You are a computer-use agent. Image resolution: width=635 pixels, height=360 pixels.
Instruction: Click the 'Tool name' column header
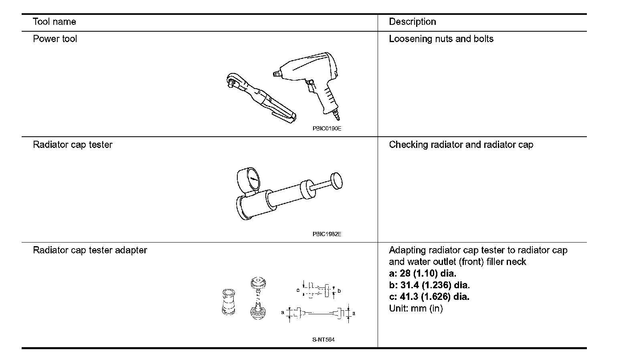[54, 22]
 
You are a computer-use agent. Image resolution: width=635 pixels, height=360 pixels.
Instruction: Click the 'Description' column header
[412, 22]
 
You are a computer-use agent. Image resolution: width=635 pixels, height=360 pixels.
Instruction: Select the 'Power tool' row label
[55, 39]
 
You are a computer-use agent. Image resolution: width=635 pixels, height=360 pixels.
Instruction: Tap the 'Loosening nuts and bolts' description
[441, 39]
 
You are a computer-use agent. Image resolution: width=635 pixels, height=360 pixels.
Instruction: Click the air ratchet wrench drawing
[259, 96]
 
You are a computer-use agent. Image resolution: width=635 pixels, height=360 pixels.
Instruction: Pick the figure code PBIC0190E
[327, 129]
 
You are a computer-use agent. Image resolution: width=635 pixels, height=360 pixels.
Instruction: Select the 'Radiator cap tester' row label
[73, 145]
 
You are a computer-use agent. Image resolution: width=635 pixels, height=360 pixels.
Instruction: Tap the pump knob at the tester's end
[336, 181]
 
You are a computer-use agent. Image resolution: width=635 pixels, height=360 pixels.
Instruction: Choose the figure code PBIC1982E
[327, 234]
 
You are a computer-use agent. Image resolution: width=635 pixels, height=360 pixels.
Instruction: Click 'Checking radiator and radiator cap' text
[461, 145]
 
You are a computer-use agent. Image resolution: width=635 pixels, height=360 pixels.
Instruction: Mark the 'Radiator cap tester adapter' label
[90, 250]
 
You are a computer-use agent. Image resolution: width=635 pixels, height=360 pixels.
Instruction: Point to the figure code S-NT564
[323, 340]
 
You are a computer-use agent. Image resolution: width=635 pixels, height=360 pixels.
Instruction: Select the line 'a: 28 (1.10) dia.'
[423, 274]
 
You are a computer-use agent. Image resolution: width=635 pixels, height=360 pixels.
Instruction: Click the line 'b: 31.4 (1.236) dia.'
[429, 285]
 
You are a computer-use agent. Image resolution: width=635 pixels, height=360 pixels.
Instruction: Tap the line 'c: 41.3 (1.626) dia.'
[429, 297]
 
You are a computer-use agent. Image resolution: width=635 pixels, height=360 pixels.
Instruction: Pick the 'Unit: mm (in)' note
[416, 309]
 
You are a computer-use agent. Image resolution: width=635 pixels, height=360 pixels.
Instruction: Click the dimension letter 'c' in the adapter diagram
[298, 290]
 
